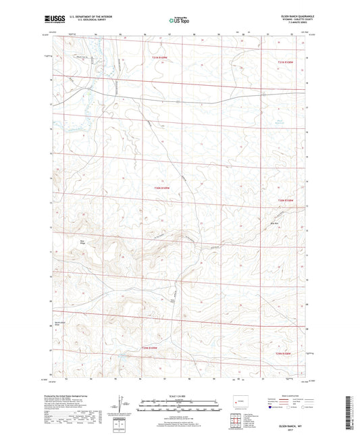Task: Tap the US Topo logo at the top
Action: click(x=174, y=21)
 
